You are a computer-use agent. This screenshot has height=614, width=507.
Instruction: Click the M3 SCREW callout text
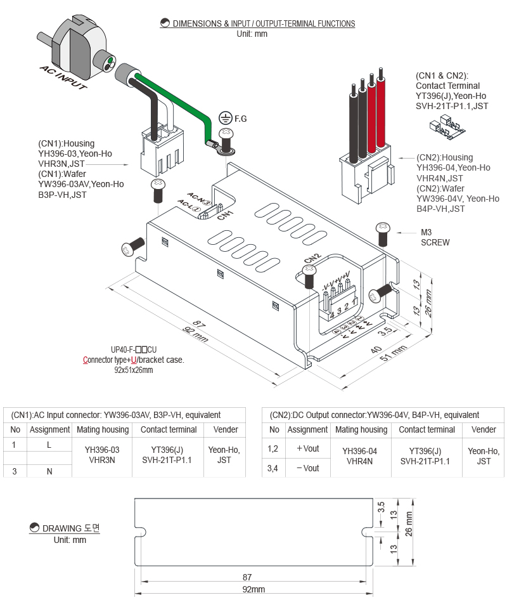point(435,237)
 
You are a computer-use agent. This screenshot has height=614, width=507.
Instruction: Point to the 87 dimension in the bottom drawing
point(247,577)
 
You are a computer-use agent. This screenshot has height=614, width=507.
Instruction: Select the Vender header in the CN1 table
point(226,429)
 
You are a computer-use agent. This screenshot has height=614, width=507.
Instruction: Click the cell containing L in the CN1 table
point(49,445)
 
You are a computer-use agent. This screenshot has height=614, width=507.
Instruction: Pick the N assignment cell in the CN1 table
point(49,471)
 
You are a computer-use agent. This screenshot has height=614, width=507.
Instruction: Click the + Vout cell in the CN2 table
point(307,448)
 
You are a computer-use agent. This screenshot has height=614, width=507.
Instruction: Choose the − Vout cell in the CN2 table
point(307,468)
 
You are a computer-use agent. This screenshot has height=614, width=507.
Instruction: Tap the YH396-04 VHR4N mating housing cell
point(359,456)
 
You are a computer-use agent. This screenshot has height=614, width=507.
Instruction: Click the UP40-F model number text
point(133,349)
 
